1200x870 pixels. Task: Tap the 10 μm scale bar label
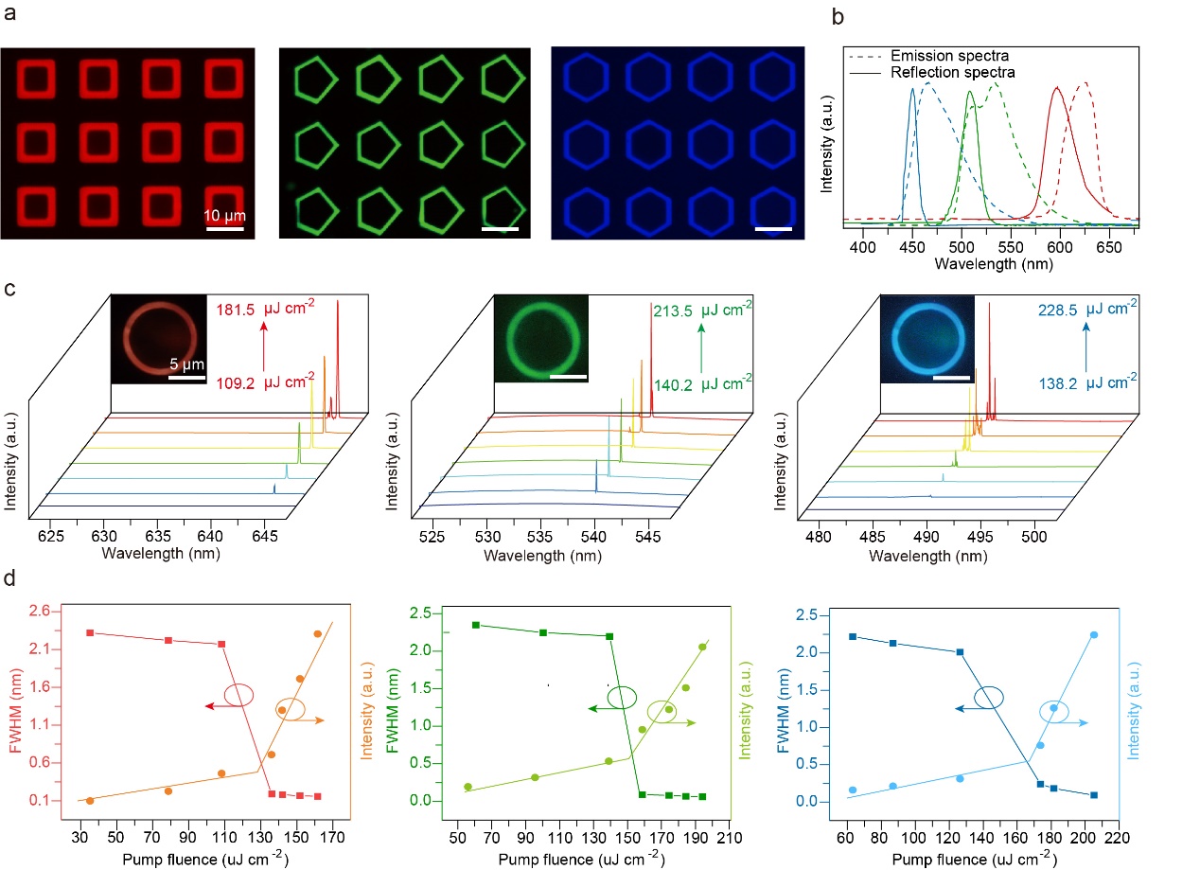pos(223,214)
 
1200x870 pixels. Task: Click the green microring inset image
pos(540,339)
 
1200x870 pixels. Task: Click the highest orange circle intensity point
pos(317,633)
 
